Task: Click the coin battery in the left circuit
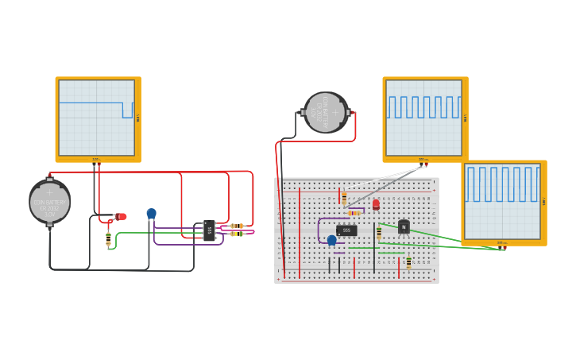49,202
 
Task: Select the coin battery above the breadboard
326,113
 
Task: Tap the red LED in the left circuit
121,216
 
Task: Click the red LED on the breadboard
376,204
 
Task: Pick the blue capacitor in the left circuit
151,214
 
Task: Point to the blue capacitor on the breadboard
331,240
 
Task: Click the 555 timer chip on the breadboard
346,230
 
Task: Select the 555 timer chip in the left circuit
209,230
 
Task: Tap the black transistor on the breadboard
404,227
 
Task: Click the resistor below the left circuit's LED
108,237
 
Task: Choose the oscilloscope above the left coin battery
98,118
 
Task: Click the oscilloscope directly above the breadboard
424,118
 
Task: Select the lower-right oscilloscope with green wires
503,202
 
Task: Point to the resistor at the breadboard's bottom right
408,262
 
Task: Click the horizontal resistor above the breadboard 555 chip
354,213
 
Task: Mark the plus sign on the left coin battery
49,192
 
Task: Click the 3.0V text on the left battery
49,215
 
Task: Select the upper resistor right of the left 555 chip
237,226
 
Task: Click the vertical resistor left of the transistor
379,232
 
